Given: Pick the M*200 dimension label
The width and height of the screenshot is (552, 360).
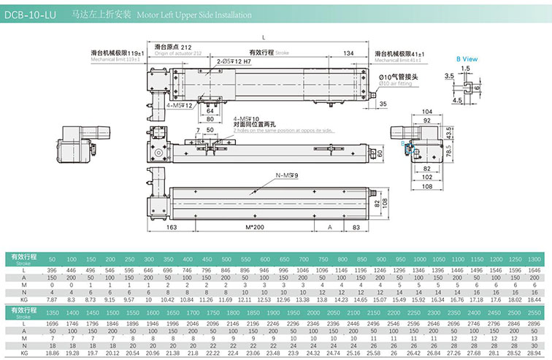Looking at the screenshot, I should (255, 227).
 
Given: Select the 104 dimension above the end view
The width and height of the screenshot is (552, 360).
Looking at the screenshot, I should (428, 110).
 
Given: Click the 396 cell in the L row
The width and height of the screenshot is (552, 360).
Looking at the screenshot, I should (52, 269).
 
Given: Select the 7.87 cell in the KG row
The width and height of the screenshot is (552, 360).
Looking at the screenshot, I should (52, 299).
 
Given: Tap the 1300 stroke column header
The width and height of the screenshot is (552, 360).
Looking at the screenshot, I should (534, 260).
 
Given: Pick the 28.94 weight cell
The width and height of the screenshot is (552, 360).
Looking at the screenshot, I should (534, 353).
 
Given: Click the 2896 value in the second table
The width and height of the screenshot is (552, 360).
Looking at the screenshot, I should (534, 324).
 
